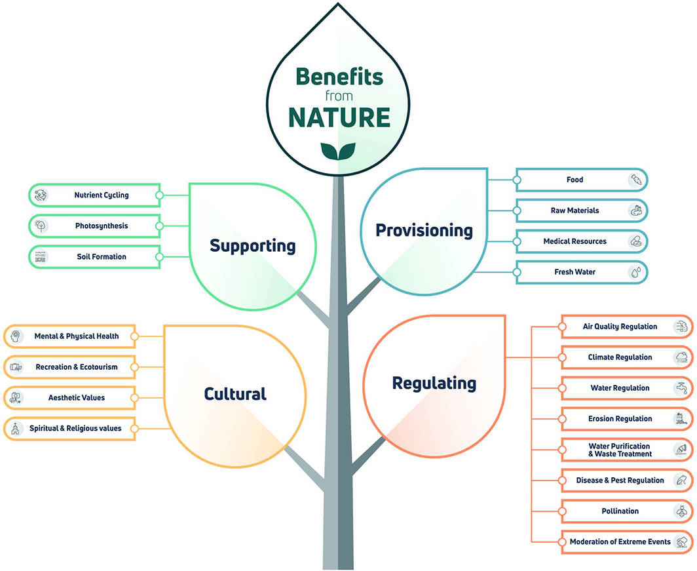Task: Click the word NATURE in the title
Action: [339, 117]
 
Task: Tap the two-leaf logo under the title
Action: [339, 151]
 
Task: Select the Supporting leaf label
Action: [252, 246]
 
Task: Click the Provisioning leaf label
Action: [424, 230]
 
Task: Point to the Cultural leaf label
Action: [235, 393]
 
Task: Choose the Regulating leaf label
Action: [434, 383]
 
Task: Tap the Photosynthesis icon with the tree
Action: [41, 226]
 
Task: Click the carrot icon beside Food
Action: [635, 180]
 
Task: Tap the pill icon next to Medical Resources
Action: [635, 241]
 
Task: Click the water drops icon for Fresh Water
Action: [635, 272]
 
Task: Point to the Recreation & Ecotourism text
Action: [77, 367]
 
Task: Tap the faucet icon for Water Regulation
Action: [681, 388]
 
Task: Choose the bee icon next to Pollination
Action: [681, 511]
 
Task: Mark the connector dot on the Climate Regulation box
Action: [563, 357]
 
